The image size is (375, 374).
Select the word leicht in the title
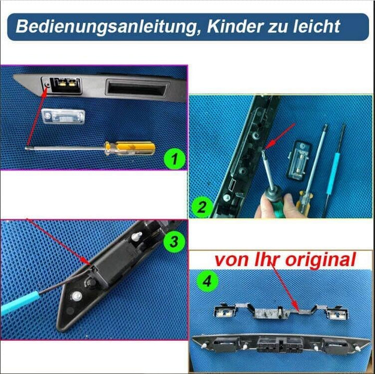pyautogui.click(x=319, y=27)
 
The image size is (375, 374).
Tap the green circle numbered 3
pyautogui.click(x=173, y=242)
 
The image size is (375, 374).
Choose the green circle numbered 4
pyautogui.click(x=207, y=282)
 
